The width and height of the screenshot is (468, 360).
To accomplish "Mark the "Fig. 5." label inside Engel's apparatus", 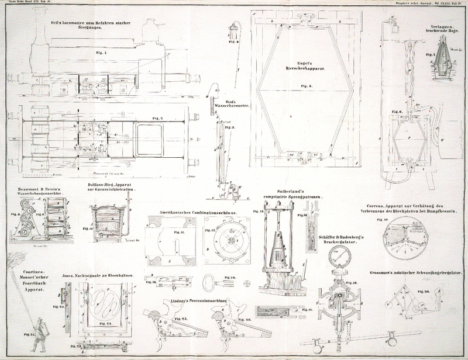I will pos(304,86).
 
